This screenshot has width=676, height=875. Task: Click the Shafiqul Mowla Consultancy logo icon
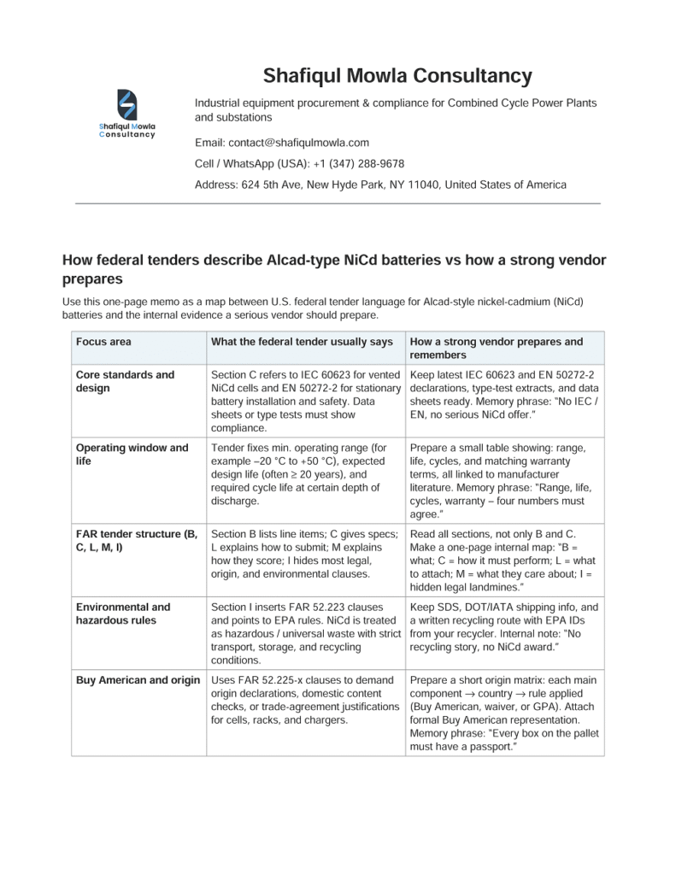(126, 106)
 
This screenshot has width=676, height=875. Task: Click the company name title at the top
(397, 76)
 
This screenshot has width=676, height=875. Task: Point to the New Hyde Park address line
(380, 185)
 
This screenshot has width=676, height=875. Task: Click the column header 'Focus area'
(103, 342)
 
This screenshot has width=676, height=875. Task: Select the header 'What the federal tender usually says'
(302, 342)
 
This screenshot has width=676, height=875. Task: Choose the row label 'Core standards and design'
(125, 381)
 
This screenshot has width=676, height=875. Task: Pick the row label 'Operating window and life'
(132, 454)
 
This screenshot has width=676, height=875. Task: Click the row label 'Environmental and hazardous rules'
(123, 614)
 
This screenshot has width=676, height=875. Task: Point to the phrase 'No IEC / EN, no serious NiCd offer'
(503, 408)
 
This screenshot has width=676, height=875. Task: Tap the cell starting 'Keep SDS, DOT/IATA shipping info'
(503, 627)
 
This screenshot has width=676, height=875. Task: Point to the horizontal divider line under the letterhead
(338, 203)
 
